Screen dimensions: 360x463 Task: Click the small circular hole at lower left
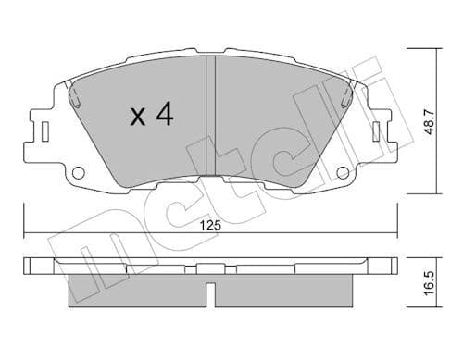(78, 172)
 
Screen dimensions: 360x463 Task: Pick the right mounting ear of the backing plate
(379, 130)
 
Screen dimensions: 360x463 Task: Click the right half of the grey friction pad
(278, 120)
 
